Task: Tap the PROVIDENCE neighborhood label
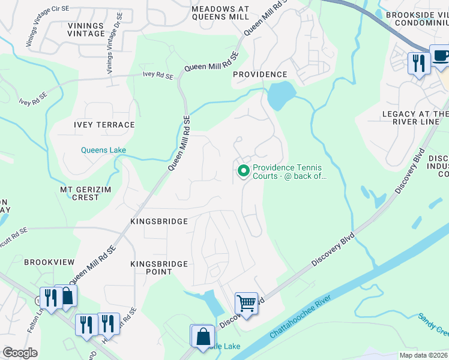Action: coord(260,74)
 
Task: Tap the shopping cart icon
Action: coord(246,303)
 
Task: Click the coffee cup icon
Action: coord(440,56)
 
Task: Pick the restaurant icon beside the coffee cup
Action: coord(418,62)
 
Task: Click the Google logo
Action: coord(20,352)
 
